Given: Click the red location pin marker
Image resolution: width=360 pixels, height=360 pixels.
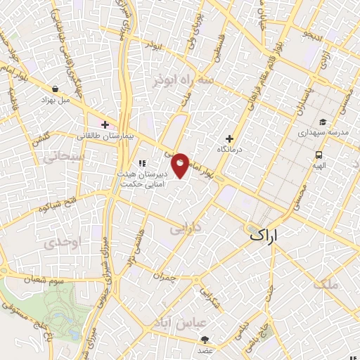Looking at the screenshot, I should tap(181, 165).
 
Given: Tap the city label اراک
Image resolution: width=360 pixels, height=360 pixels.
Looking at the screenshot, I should tap(269, 238).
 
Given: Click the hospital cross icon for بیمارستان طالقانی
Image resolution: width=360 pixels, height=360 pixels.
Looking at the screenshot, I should tap(105, 124).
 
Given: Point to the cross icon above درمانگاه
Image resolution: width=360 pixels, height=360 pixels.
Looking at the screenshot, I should tap(229, 139).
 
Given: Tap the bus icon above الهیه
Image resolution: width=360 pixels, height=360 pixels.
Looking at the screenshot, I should tap(319, 155).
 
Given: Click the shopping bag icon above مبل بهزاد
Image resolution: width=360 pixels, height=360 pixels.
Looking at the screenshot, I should tap(55, 89).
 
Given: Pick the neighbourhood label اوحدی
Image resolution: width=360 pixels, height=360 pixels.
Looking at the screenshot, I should tap(60, 243).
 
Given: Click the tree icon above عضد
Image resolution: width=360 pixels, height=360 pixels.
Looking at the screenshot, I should tap(205, 340).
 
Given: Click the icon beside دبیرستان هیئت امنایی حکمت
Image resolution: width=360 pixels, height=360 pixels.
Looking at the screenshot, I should tap(141, 164).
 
